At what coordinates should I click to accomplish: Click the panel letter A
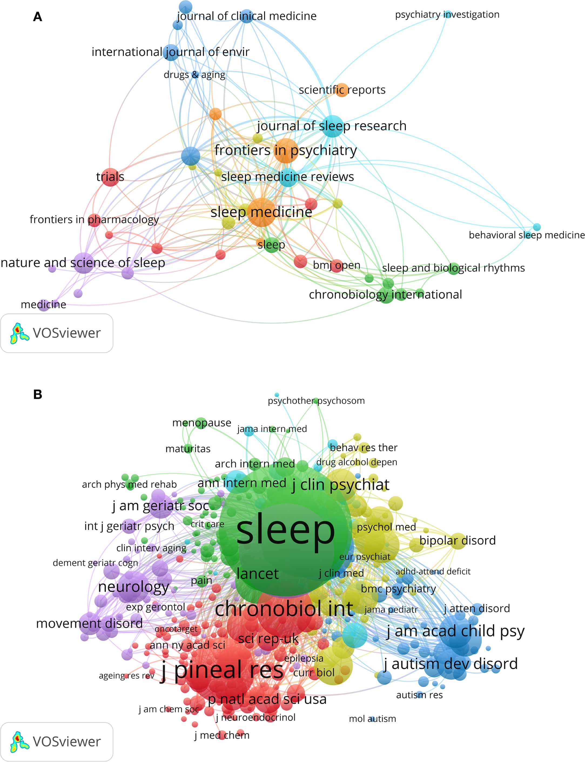click(38, 17)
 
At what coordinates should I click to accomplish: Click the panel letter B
click(38, 395)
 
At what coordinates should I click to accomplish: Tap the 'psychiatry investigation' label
click(447, 15)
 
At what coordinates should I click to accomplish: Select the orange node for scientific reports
click(342, 90)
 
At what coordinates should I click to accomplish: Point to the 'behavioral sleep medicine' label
click(526, 235)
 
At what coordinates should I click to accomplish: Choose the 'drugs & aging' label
click(194, 75)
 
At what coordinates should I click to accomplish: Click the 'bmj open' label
click(336, 265)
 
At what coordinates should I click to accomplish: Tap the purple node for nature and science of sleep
click(84, 263)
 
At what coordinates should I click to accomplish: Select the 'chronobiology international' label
click(385, 295)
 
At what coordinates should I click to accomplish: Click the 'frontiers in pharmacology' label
click(94, 220)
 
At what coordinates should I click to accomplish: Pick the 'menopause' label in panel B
click(201, 423)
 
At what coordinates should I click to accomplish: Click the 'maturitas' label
click(188, 449)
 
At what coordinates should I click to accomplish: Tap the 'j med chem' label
click(222, 736)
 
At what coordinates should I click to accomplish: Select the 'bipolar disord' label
click(457, 541)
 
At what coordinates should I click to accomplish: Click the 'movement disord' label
click(89, 623)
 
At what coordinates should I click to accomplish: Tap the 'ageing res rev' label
click(126, 676)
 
